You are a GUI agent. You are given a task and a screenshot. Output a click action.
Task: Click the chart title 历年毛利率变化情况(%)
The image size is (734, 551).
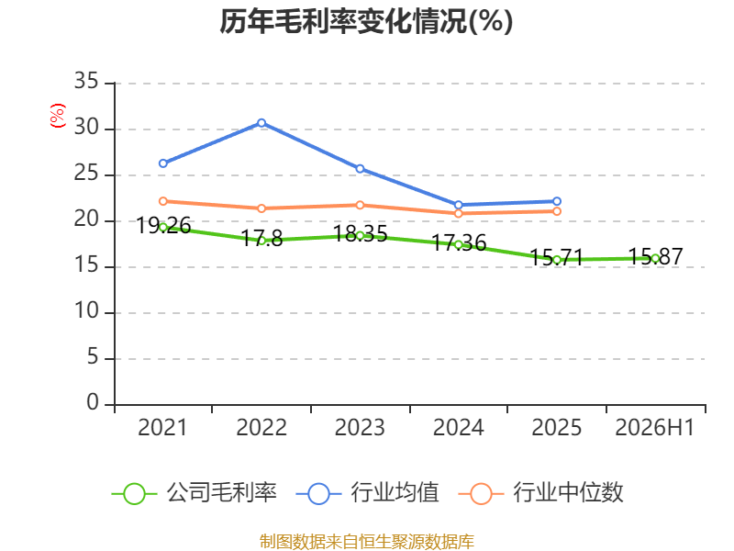[366, 21]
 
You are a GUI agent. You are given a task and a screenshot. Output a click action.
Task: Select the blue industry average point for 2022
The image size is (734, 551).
[261, 123]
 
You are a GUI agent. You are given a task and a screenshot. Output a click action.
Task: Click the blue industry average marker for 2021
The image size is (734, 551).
[163, 163]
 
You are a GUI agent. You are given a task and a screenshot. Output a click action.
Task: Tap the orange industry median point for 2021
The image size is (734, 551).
[163, 201]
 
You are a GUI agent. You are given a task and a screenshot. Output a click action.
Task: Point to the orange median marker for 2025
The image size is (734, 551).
[557, 211]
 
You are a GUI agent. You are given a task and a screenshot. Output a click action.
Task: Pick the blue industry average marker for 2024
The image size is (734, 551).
[459, 205]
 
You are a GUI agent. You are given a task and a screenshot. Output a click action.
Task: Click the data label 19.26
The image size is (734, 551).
[163, 226]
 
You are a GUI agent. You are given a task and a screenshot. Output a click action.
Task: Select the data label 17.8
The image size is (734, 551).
[261, 239]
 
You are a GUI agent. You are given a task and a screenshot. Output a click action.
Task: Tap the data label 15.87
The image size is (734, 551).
[655, 257]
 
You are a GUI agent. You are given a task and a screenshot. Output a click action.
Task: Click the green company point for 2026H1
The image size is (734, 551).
[655, 258]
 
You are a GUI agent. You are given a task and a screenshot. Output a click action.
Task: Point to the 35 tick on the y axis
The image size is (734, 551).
[86, 82]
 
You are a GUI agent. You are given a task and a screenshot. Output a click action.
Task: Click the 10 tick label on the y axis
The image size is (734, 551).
[86, 311]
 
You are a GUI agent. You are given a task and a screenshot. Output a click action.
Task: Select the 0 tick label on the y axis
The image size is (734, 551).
[93, 403]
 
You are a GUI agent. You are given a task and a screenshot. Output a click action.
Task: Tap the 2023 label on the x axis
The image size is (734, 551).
[360, 427]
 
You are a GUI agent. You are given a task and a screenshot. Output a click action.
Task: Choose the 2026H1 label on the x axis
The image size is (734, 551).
[654, 427]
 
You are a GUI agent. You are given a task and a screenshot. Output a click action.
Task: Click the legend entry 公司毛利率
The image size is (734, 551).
[195, 493]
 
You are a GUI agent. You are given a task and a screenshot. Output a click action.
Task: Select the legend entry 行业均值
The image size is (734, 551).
[368, 493]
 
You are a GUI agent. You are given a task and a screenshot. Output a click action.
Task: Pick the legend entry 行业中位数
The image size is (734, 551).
[540, 493]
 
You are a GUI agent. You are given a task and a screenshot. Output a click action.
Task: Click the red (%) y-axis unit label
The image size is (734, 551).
[58, 116]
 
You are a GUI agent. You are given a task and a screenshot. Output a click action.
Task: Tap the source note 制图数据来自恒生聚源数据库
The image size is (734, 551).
[366, 542]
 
